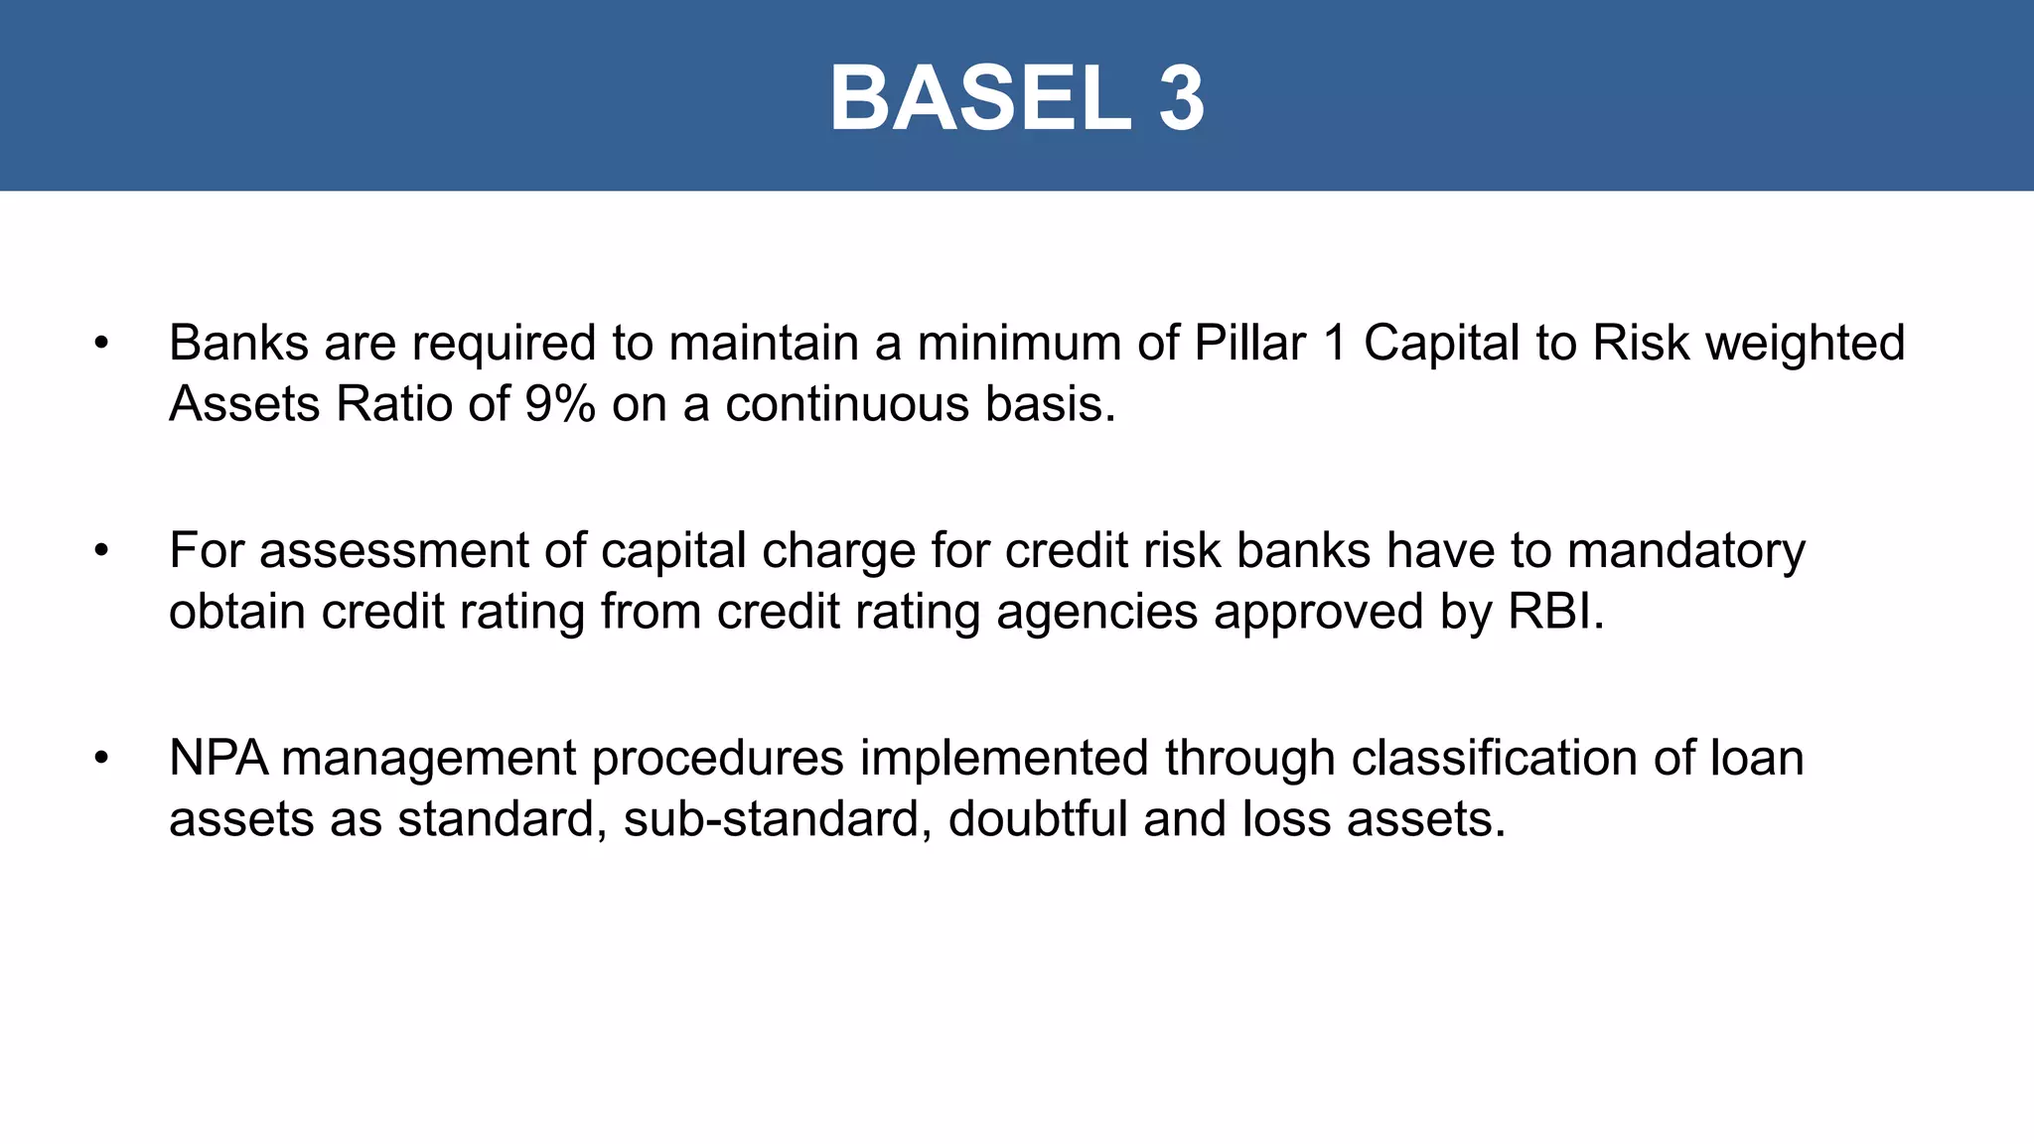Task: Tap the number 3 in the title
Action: pos(1181,98)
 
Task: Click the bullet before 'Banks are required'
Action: pos(100,344)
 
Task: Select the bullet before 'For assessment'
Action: pos(100,551)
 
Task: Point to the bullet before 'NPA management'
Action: pos(100,759)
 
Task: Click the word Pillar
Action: pos(1249,344)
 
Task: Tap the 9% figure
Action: pos(560,404)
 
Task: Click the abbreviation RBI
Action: pos(1555,611)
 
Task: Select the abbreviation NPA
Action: pos(218,759)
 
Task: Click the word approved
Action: pos(1319,613)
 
